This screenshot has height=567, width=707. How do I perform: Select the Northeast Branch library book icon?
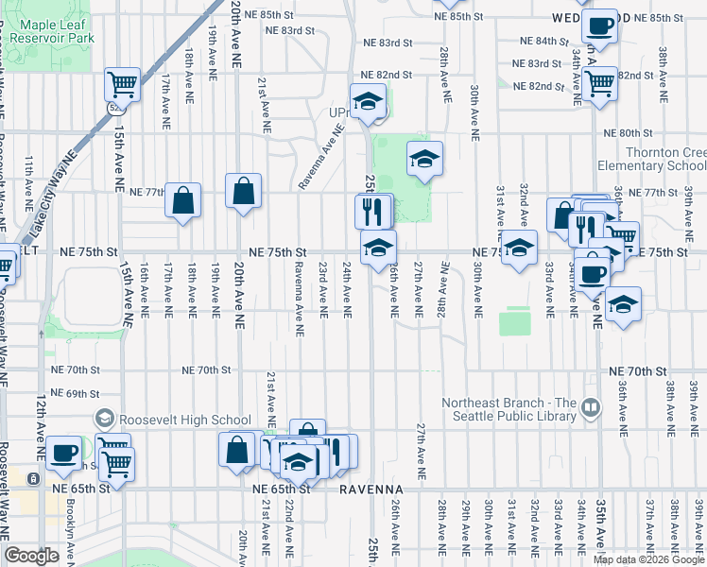[x=591, y=408]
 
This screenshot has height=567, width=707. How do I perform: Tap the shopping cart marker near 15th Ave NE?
[x=123, y=85]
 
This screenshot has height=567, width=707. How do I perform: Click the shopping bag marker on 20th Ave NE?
[x=244, y=192]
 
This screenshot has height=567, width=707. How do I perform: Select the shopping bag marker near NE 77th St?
[x=183, y=200]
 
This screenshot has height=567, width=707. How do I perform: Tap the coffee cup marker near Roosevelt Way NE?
[x=64, y=453]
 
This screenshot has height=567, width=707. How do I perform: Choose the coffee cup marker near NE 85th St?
[x=598, y=25]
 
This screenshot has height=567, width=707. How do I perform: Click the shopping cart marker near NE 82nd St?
[x=600, y=82]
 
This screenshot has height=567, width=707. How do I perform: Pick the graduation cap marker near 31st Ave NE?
[x=518, y=249]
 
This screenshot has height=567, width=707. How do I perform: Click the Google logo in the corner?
[x=31, y=556]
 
